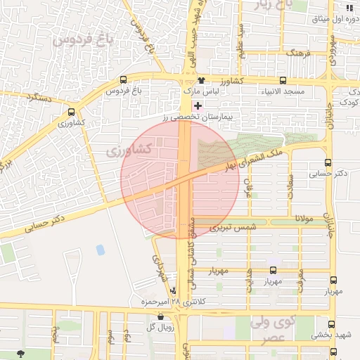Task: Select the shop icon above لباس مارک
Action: coord(201,80)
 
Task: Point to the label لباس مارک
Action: coord(202,91)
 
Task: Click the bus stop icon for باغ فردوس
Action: coord(124,80)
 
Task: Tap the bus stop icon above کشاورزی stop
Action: coord(71,111)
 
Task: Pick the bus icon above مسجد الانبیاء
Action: coord(283,80)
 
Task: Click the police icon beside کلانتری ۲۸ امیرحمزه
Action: coord(173,290)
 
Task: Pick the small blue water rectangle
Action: coord(101,250)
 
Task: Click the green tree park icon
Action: coord(18,353)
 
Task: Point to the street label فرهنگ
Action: coord(297,53)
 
